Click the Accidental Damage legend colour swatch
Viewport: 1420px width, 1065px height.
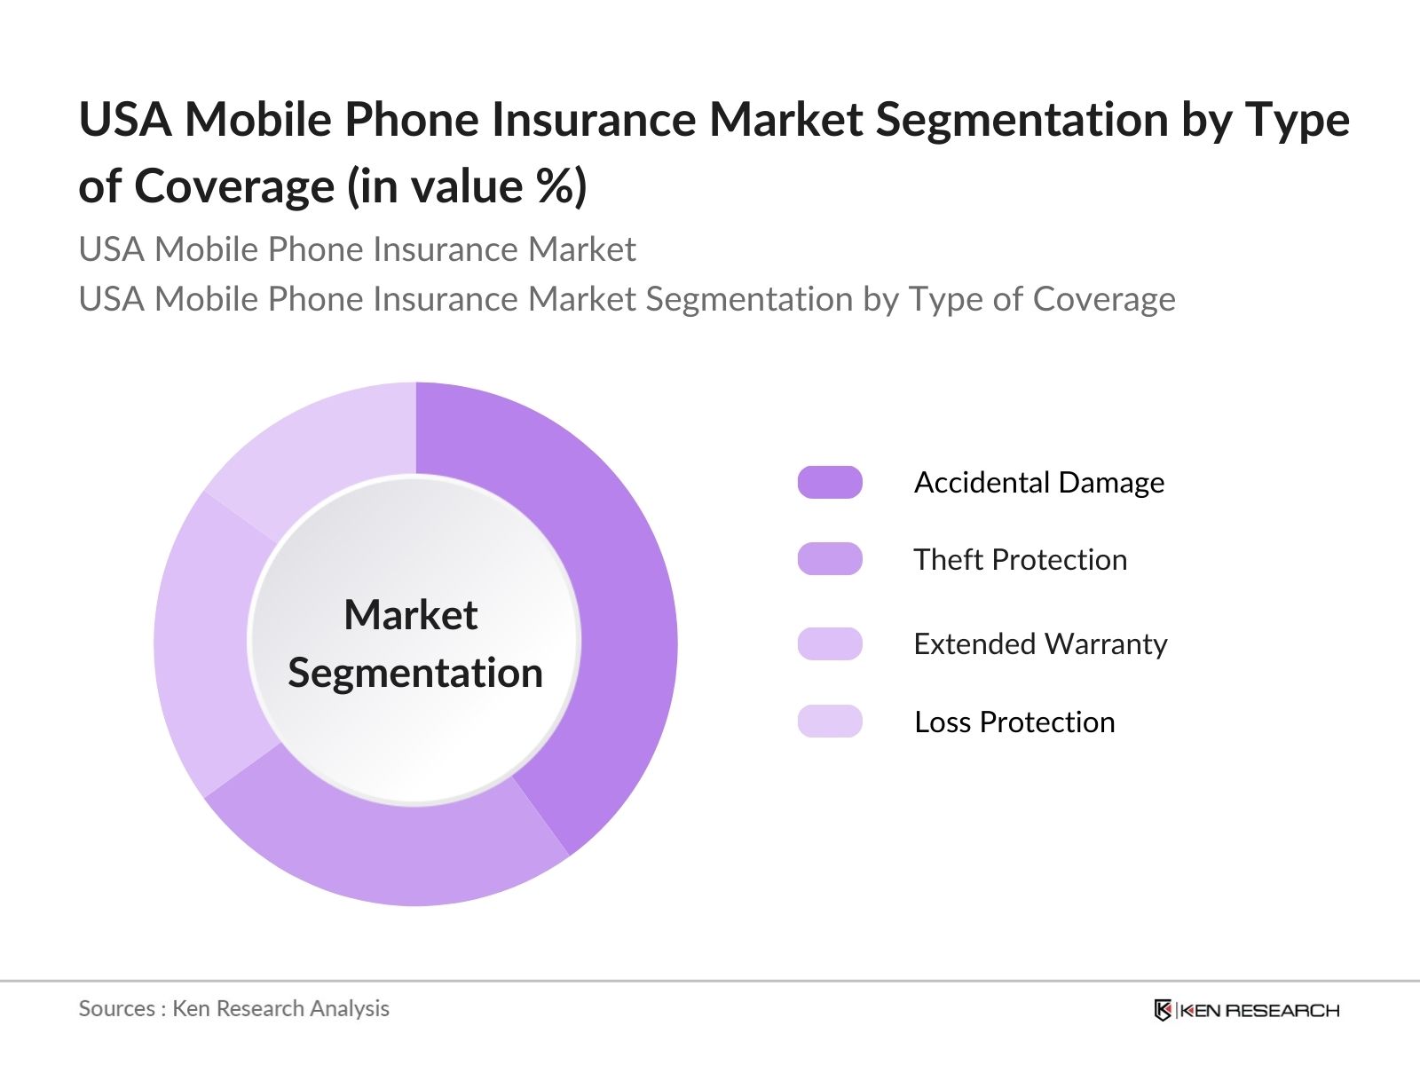(x=830, y=482)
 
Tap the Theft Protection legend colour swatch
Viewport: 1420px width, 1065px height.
(x=830, y=559)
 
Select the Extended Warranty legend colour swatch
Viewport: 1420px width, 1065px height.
(x=830, y=643)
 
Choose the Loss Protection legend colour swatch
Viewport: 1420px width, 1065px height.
(x=830, y=721)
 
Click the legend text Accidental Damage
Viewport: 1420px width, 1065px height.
(x=1038, y=482)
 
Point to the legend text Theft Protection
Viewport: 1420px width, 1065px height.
(x=1020, y=559)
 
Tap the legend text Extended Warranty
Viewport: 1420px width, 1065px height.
(x=1040, y=643)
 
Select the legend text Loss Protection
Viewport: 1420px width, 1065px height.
(x=1014, y=722)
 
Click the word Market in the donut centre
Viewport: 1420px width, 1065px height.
(x=410, y=614)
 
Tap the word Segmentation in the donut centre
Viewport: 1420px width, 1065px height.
(x=414, y=673)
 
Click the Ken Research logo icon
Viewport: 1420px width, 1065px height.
(x=1163, y=1010)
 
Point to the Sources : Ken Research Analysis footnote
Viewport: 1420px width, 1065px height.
(x=233, y=1008)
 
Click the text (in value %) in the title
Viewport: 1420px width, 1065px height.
(x=467, y=186)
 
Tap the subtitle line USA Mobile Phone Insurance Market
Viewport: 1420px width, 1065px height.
(x=357, y=249)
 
